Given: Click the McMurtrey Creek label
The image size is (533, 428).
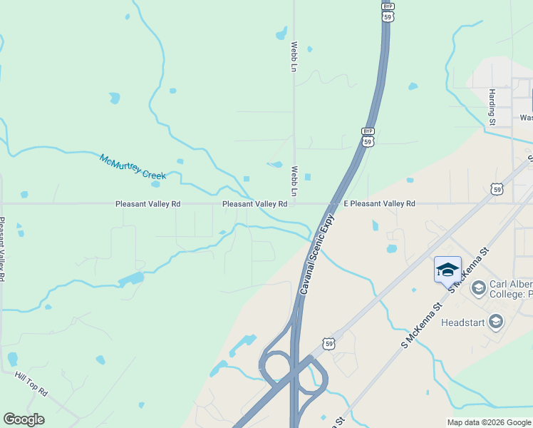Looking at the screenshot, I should (133, 166).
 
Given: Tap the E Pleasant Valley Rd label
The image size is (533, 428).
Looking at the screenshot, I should (379, 204).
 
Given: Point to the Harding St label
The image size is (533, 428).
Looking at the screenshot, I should (492, 108).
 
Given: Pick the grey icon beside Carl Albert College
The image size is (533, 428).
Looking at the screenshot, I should (478, 288).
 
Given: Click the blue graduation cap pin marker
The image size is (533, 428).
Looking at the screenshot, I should (447, 271).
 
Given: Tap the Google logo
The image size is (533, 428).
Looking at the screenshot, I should (24, 419).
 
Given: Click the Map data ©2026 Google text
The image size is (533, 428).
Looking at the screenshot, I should (488, 422).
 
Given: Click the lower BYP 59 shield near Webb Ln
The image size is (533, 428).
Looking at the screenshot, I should (368, 138).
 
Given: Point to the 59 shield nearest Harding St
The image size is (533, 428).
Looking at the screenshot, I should (497, 189).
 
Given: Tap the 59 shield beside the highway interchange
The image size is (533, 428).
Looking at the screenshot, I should (328, 344).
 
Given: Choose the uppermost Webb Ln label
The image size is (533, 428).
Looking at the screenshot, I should (294, 56).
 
